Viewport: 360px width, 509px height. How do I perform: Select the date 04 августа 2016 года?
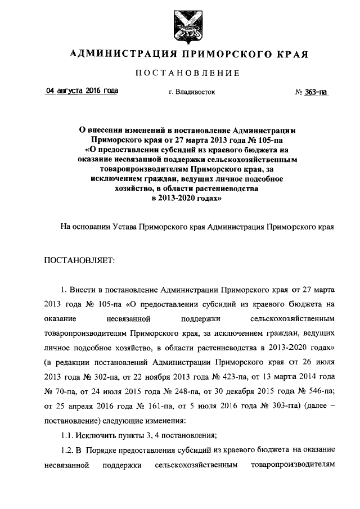[x=82, y=91]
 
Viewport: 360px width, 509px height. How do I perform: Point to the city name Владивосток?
[x=195, y=91]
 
